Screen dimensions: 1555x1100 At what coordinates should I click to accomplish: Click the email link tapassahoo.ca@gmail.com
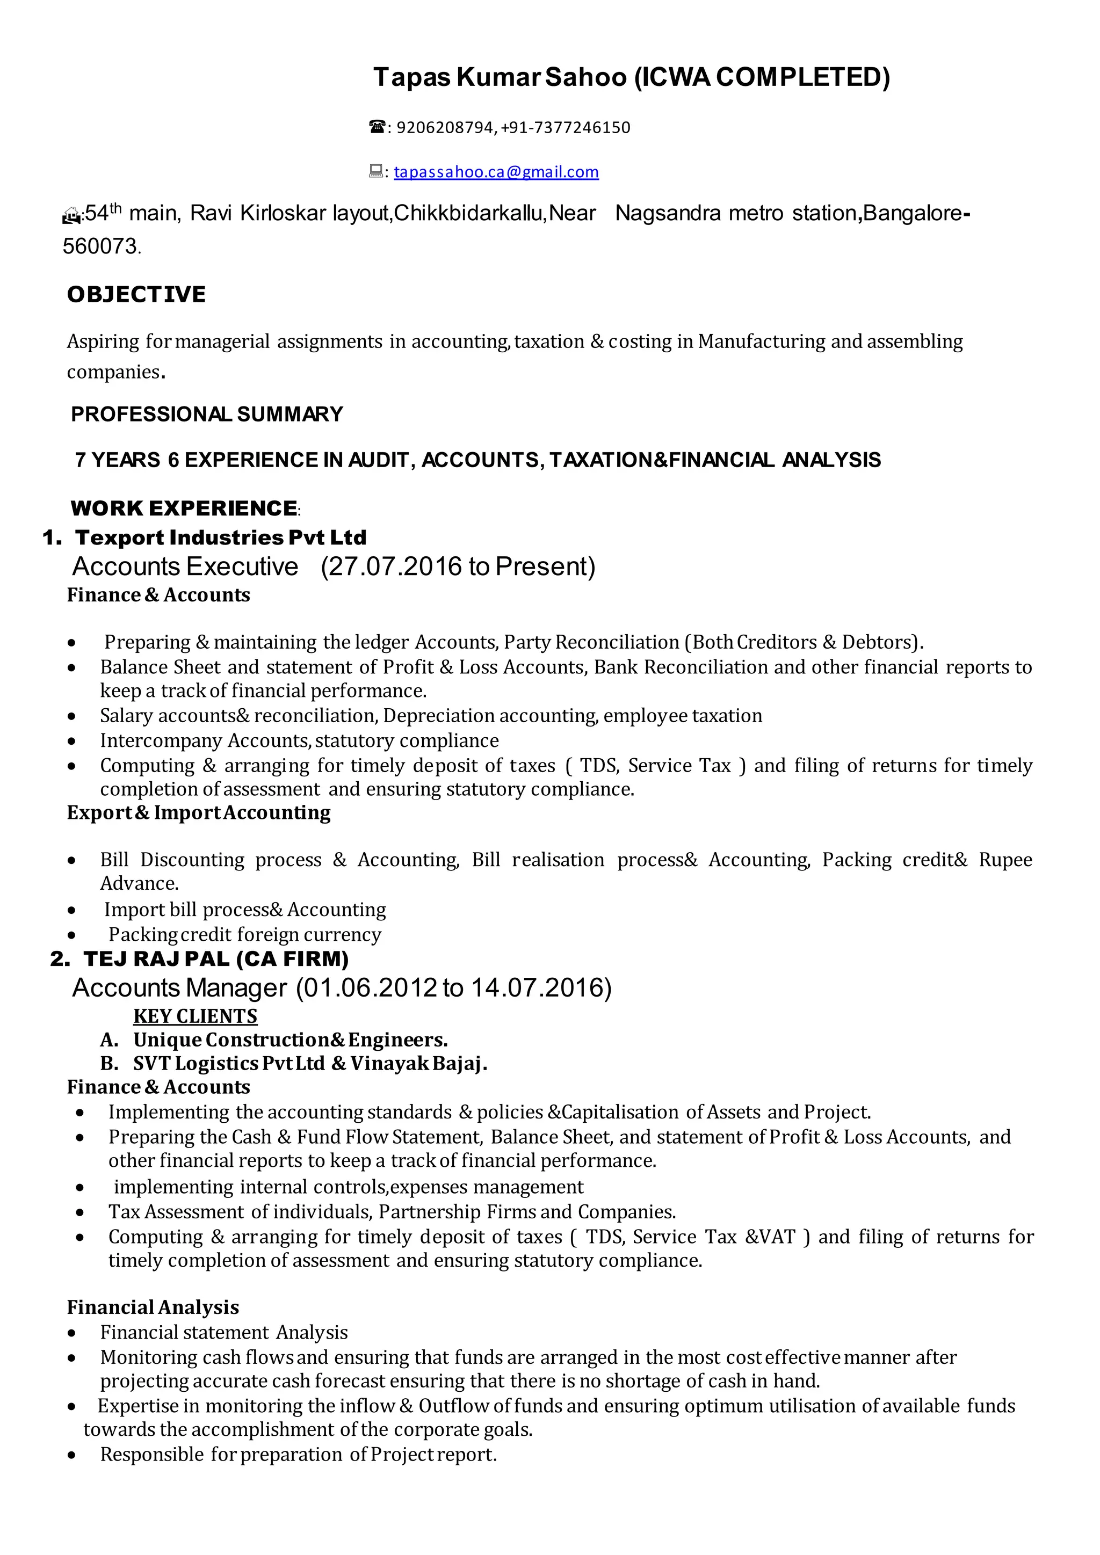pos(496,172)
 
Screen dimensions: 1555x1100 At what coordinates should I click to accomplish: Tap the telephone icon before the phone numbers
pos(377,127)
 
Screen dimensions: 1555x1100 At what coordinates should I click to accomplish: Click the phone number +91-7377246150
pos(565,127)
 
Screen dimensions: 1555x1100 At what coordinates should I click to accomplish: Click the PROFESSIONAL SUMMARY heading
pos(207,414)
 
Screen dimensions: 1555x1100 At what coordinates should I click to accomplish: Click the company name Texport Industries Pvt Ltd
pos(220,537)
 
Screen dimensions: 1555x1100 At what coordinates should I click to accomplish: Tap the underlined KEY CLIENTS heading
pos(195,1016)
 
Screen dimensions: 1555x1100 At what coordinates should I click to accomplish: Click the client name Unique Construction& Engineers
pos(290,1040)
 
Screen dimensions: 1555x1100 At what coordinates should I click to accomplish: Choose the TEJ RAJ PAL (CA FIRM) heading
pos(215,959)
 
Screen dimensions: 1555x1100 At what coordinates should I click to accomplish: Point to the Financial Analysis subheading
pos(153,1307)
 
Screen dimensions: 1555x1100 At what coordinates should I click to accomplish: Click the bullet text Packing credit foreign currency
pos(244,935)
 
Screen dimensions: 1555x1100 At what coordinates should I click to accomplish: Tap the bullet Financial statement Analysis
pos(223,1332)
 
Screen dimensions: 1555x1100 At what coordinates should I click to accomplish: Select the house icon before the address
pos(70,216)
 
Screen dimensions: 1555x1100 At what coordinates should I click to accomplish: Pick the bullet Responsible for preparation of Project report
pos(298,1454)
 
